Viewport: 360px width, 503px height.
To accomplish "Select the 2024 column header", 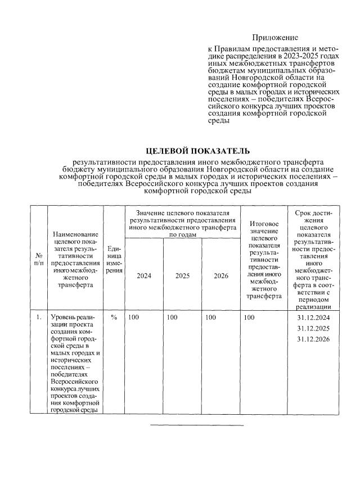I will click(x=142, y=276).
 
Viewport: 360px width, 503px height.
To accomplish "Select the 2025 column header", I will click(x=182, y=276).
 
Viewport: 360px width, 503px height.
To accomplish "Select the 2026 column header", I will click(x=220, y=276).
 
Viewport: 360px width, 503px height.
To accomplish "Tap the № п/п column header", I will click(x=38, y=259).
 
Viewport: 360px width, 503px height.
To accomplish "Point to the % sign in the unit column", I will click(x=114, y=318).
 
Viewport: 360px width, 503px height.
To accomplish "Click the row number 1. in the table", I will click(x=38, y=318).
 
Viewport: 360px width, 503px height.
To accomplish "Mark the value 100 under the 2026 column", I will click(x=211, y=318).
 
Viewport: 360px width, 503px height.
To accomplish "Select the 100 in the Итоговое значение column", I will click(x=249, y=318).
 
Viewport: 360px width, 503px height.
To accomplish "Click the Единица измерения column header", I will click(x=114, y=259).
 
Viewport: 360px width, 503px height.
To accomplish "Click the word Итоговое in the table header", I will click(x=264, y=224).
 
